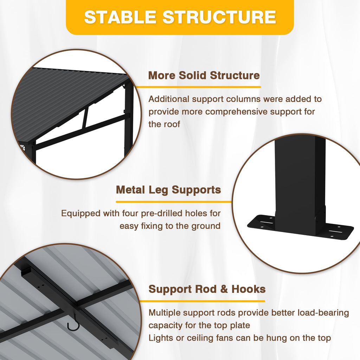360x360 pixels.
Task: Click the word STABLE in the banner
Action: pos(120,17)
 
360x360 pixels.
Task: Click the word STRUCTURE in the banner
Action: pos(219,17)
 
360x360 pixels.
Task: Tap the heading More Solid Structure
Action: pos(204,75)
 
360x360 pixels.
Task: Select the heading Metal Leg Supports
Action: pos(168,190)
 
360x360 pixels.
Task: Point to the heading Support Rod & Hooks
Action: pos(207,289)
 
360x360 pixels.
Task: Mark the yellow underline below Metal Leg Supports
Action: pos(174,202)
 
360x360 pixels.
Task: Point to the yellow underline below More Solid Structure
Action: pos(198,87)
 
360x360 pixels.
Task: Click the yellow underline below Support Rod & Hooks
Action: pos(202,301)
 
